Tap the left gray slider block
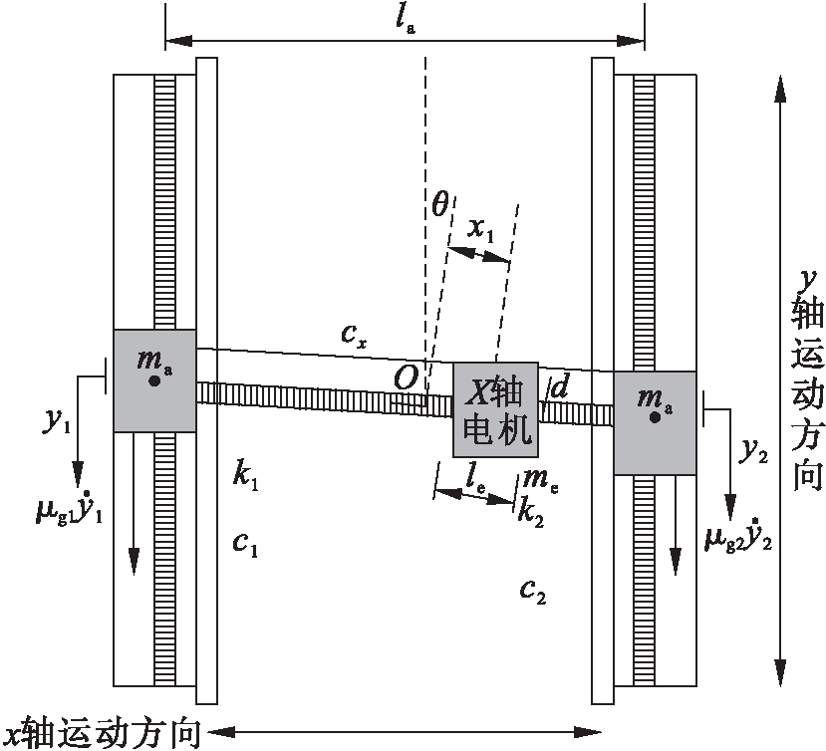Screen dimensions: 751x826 point(154,380)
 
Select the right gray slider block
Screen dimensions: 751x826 point(655,422)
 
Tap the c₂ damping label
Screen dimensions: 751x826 point(533,590)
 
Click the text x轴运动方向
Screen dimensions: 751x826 point(102,734)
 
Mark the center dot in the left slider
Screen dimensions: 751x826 point(153,380)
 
